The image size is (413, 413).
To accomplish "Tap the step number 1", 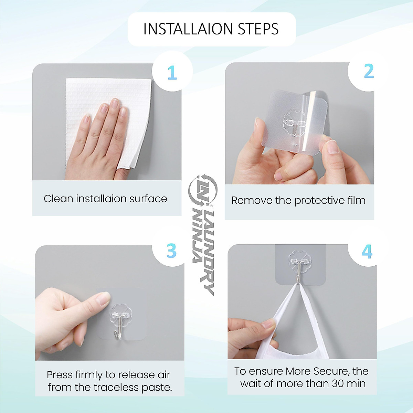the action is point(172,73).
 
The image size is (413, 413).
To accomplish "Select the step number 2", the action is point(369,71).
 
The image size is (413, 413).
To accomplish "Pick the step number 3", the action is point(171,251).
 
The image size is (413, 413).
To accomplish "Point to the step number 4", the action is point(367,252).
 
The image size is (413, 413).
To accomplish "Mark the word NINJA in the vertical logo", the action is point(198,236).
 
